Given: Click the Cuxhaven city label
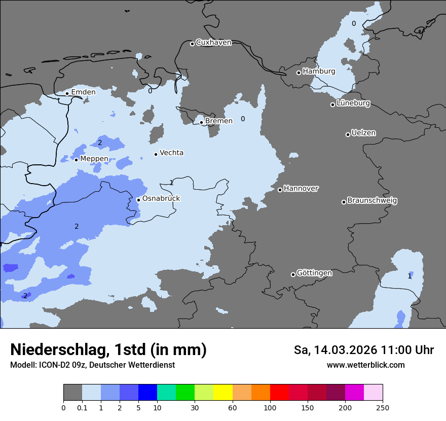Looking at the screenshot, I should point(213,43).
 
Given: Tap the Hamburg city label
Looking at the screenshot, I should point(319,72).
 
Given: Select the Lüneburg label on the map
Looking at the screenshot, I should point(353,103).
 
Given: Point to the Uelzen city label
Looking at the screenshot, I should point(363,133).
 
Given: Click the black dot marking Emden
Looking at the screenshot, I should point(67,93).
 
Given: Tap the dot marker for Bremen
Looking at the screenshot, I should point(201,122).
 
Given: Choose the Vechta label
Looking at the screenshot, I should point(171,153).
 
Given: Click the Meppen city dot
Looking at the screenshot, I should point(76,160).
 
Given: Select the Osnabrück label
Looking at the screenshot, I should point(161,199).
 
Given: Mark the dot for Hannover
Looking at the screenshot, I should point(280,190).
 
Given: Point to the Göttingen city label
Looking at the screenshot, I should point(314,273).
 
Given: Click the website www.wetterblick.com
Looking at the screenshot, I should point(365,365).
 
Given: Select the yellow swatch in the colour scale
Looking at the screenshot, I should point(223,393).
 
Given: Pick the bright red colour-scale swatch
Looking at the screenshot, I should point(279,393).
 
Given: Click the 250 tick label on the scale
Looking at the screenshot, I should point(383,407).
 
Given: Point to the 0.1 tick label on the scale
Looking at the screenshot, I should point(82,407).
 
